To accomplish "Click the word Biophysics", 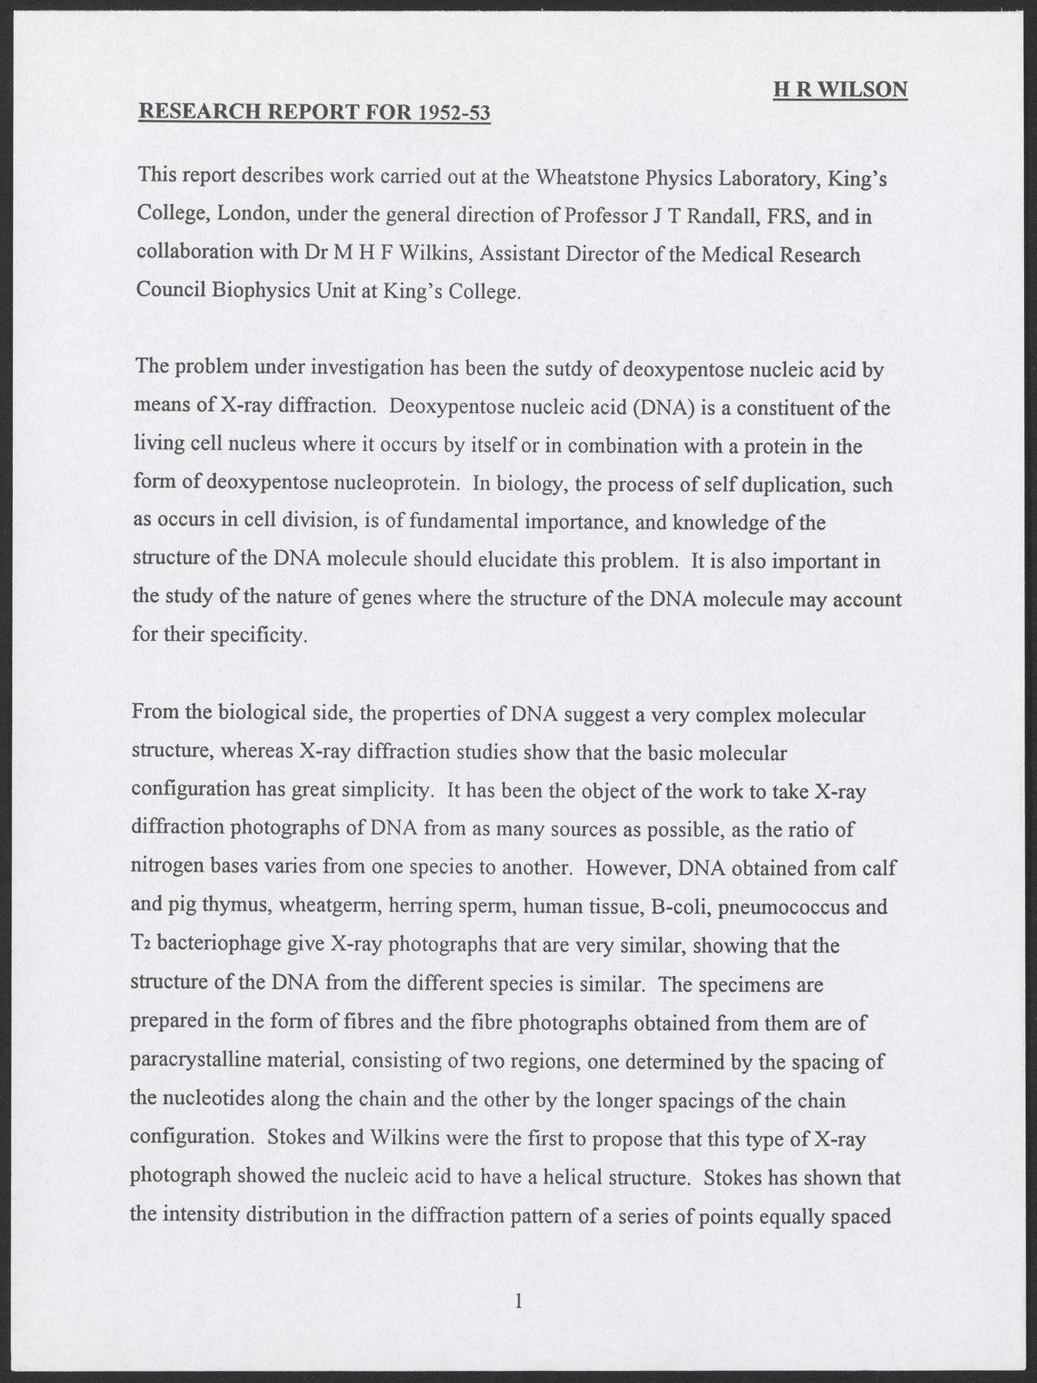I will (244, 292).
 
